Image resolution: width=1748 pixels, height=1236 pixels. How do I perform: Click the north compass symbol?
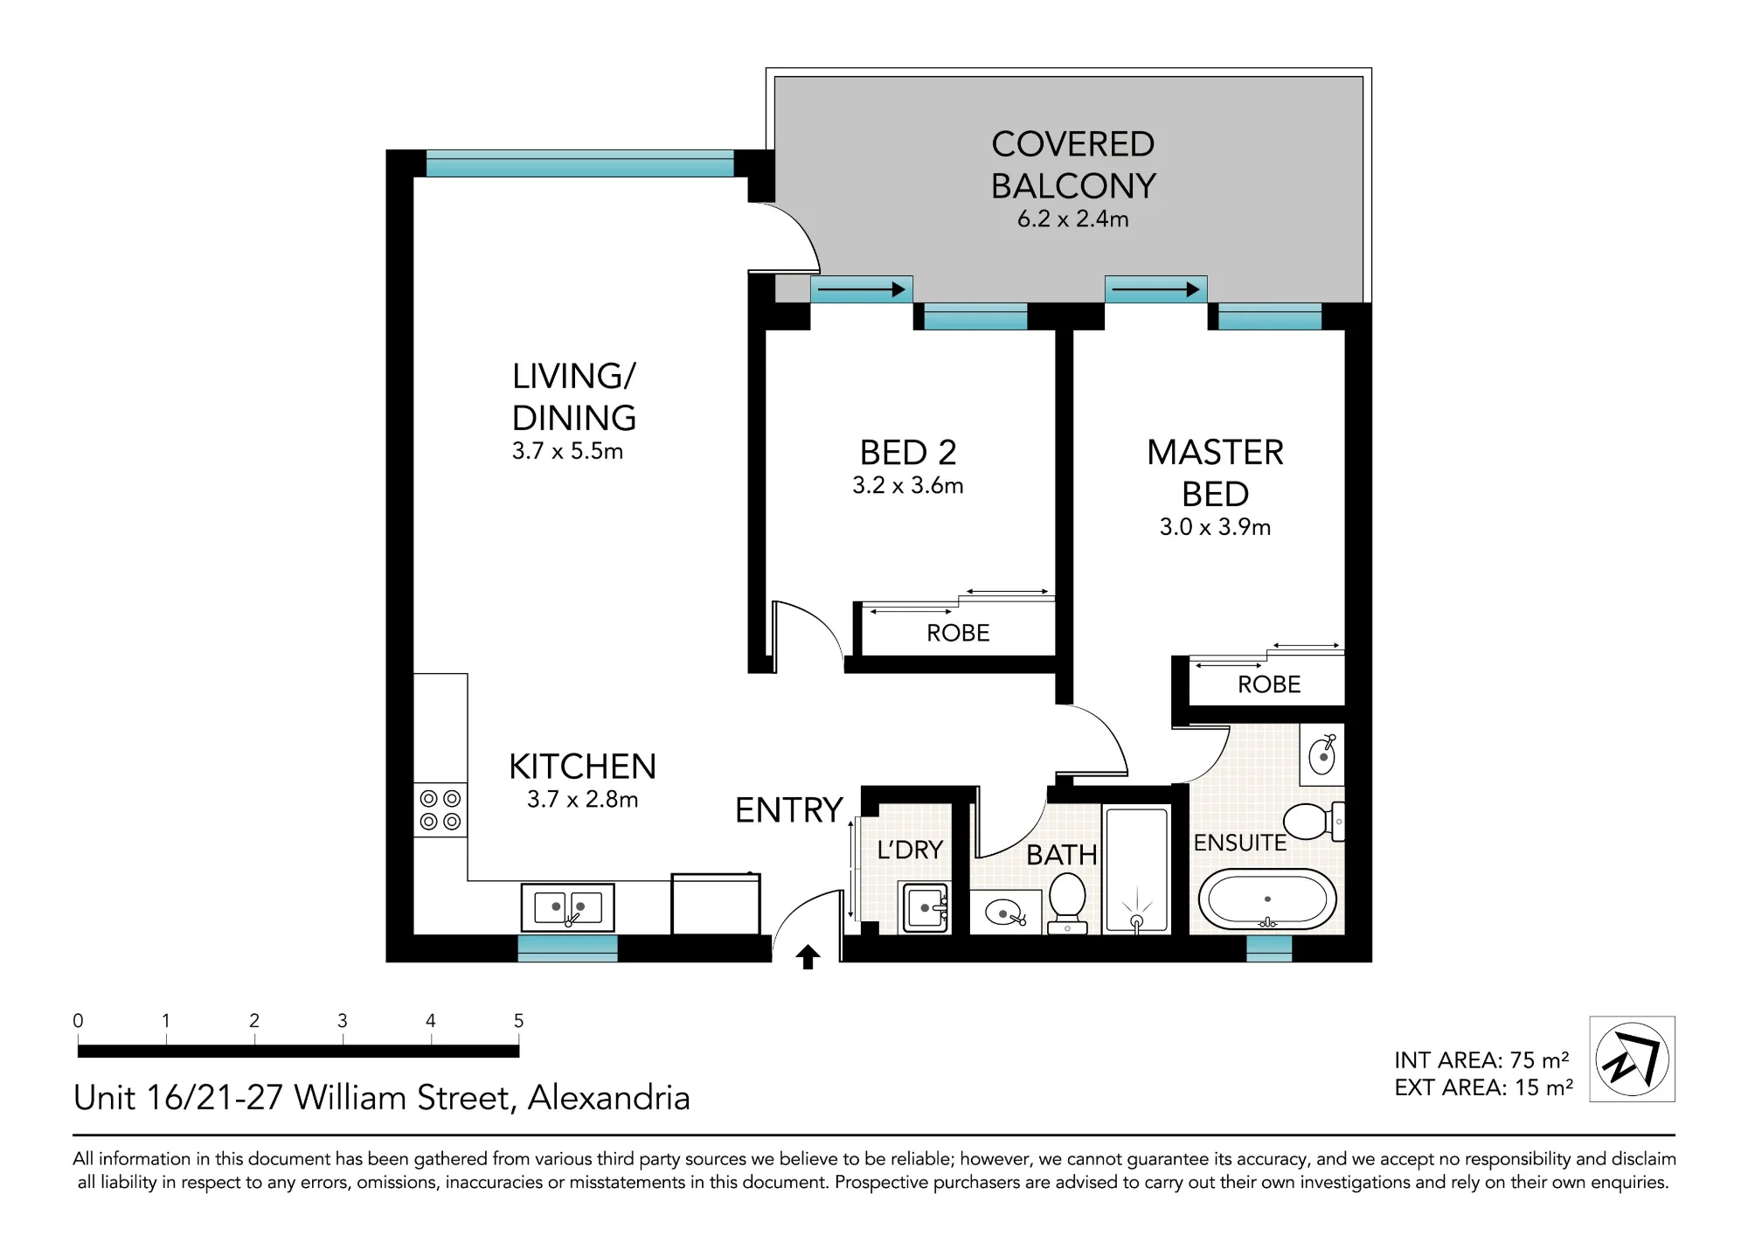[1632, 1059]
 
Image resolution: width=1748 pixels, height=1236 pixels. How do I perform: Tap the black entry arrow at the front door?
[808, 957]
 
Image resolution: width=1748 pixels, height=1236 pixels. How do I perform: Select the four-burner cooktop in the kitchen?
[440, 809]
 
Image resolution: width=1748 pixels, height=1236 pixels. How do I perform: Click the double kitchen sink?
[568, 907]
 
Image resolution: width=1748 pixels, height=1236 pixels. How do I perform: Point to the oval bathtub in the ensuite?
[1267, 899]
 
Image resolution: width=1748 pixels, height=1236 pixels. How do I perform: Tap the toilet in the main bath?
[1067, 904]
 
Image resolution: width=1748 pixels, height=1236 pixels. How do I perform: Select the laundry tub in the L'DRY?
[925, 908]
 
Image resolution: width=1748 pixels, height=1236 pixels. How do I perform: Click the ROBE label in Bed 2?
[958, 633]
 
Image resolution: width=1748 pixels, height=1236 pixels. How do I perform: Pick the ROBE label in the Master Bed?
[1269, 684]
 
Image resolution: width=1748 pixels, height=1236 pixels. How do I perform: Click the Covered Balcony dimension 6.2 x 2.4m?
[1073, 219]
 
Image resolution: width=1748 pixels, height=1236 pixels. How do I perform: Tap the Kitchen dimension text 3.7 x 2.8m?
[582, 799]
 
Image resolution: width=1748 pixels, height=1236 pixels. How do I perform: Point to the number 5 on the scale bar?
[518, 1020]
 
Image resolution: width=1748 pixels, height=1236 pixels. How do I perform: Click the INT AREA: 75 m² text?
[1482, 1059]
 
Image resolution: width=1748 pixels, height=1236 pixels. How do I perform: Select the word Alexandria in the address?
[609, 1098]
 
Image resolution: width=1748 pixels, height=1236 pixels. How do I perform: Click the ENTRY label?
[788, 810]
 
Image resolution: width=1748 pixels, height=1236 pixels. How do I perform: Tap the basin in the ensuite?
[1321, 753]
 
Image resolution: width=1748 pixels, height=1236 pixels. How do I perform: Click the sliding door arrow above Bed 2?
[862, 288]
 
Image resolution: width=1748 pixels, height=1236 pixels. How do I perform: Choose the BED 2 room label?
[908, 453]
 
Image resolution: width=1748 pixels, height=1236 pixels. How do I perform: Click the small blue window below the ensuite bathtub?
[1269, 948]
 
